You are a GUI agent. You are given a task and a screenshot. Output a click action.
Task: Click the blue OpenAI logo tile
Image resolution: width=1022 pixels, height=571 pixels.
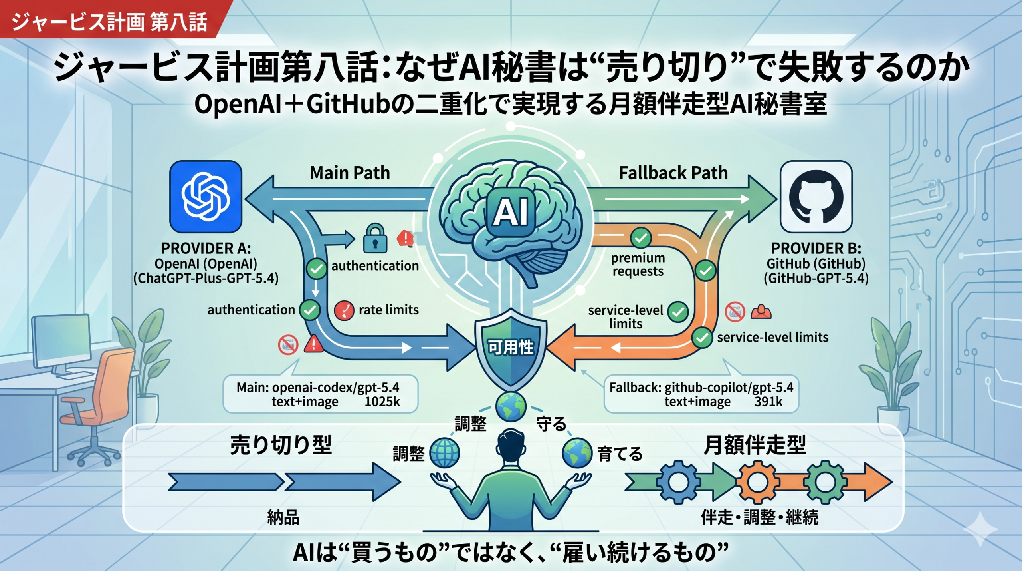point(206,197)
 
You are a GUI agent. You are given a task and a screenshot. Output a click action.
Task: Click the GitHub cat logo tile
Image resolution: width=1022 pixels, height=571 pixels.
point(816,197)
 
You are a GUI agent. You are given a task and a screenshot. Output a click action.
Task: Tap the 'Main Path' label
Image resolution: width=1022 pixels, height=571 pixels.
point(350,173)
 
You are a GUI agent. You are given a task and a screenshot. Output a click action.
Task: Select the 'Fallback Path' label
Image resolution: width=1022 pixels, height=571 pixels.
point(673,173)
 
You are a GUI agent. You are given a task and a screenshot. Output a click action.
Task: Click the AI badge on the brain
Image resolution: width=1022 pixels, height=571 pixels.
point(511,212)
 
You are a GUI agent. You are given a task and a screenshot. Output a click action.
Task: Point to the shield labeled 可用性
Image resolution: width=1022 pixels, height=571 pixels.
point(511,347)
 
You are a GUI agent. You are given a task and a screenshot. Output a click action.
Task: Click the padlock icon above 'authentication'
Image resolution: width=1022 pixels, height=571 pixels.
point(375,239)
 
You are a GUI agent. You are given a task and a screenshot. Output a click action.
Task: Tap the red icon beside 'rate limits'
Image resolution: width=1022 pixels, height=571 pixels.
point(344,310)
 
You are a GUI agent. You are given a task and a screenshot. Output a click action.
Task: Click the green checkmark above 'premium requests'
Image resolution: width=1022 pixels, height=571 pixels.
point(641,238)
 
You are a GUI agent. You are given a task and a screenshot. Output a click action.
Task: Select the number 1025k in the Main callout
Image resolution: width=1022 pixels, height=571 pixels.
point(382,402)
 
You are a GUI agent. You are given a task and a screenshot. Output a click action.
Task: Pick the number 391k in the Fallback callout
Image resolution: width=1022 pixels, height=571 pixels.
point(768,402)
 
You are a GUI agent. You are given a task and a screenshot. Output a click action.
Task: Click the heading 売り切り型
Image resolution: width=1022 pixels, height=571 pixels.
point(281,445)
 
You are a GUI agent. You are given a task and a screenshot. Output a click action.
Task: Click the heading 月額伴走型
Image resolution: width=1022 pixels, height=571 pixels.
point(755,445)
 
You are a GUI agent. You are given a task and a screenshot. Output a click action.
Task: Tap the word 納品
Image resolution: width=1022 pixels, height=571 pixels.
point(283,517)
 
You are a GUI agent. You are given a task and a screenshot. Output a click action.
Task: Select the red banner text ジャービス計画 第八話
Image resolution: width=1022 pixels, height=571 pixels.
point(109,21)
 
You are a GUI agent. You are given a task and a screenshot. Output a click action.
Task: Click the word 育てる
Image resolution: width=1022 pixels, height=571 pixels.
point(620,454)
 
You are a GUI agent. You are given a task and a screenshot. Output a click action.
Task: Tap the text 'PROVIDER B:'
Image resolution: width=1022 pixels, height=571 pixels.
point(816,248)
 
